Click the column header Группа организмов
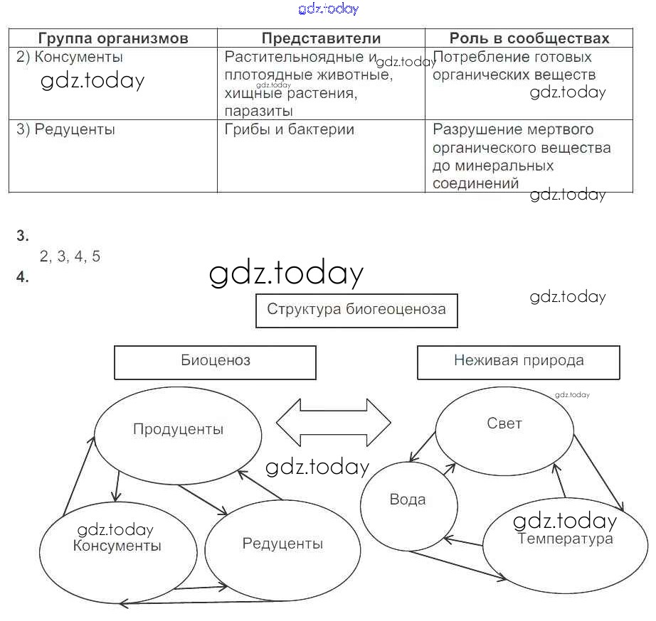[113, 38]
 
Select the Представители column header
[321, 38]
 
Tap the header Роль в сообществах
[529, 38]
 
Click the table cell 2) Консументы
[70, 57]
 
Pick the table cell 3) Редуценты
[65, 129]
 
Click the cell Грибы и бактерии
[289, 129]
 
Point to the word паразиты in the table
[258, 111]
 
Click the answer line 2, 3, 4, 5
[70, 257]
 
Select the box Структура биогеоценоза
[356, 310]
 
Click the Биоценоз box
[215, 361]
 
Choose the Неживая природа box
[519, 361]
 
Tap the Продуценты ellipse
[178, 429]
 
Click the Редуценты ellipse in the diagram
[282, 544]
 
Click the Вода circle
[408, 500]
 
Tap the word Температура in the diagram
[566, 539]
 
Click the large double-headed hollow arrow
[333, 423]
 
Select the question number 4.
[23, 278]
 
